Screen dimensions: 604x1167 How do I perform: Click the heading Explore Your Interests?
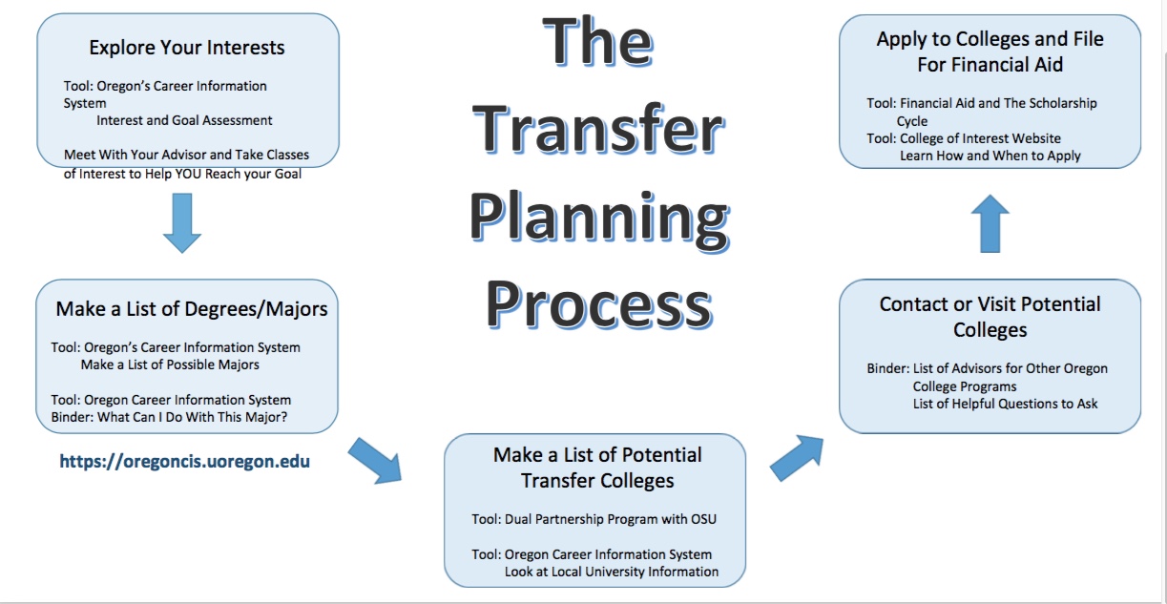coord(187,48)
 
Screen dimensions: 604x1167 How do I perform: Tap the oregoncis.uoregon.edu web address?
coord(184,462)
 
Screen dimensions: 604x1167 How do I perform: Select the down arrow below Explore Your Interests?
coord(182,222)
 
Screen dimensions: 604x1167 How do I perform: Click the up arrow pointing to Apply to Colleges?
coord(992,223)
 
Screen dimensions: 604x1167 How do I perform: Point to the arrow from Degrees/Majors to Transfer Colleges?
coord(375,460)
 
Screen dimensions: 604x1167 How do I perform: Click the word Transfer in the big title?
coord(598,131)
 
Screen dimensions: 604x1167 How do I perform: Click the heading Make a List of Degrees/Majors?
coord(192,308)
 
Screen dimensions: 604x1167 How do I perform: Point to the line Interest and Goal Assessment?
coord(184,120)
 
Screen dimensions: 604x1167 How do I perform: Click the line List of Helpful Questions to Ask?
coord(1005,404)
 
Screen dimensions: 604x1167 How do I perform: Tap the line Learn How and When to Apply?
coord(990,156)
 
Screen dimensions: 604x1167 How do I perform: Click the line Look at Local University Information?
coord(611,572)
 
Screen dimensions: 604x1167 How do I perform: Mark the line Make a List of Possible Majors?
coord(170,364)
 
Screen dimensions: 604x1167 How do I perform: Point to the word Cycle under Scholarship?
coord(911,121)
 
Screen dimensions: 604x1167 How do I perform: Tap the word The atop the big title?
coord(598,46)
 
